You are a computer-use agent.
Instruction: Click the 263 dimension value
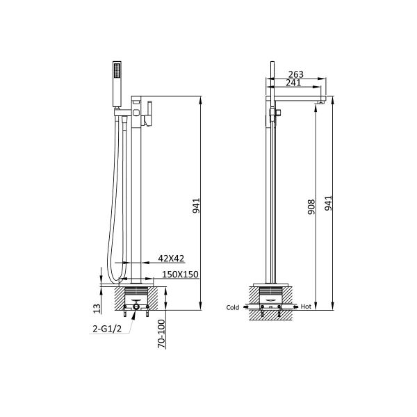pos(296,74)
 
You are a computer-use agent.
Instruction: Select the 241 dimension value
pos(293,83)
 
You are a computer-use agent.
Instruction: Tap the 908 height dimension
pos(311,207)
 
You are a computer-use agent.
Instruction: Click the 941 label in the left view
pos(196,206)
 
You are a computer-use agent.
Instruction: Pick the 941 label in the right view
pos(329,203)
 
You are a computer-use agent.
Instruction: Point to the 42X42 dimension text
pos(171,259)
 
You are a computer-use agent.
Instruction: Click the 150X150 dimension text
pos(180,275)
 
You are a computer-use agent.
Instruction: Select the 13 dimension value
pos(97,309)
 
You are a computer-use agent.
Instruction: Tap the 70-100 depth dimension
pos(161,334)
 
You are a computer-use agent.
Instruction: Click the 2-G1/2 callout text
pos(107,329)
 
